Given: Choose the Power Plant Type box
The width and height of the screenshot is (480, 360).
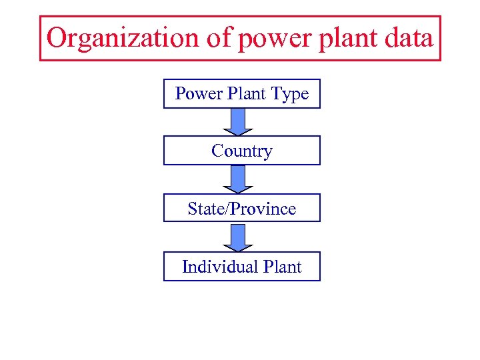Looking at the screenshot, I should (x=241, y=94).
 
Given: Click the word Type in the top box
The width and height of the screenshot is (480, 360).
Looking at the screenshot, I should (x=291, y=95).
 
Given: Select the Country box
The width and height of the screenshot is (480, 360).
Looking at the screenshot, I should (x=241, y=151).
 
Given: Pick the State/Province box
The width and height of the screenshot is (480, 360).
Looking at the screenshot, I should (x=241, y=208).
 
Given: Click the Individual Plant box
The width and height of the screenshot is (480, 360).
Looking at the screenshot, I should (x=241, y=267).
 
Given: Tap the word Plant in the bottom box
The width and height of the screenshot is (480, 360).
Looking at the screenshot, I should (x=283, y=267).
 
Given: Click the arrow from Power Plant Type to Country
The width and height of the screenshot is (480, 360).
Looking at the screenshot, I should (x=238, y=121).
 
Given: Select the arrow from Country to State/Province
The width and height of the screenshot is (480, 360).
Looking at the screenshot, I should (x=238, y=179).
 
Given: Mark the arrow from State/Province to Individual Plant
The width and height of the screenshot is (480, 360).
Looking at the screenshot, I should (x=238, y=237).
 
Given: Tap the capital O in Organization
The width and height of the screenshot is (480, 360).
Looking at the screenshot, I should (x=57, y=38).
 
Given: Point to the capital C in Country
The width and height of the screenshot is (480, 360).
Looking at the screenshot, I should (x=217, y=151).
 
